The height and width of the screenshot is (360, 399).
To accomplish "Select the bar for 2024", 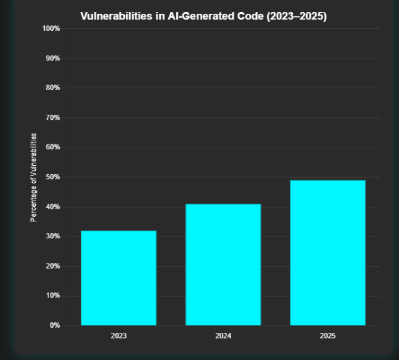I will coord(223,264).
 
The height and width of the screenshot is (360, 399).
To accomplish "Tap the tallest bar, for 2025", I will coord(327,252).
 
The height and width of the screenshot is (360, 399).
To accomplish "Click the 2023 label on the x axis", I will coord(119,336).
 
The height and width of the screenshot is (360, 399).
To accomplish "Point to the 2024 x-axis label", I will coord(223,336).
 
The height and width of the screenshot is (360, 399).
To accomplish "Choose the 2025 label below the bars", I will coord(327,336).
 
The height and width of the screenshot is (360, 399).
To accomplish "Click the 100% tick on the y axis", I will coord(50,29).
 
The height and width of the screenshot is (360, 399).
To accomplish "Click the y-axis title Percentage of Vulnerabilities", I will coord(33,177).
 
